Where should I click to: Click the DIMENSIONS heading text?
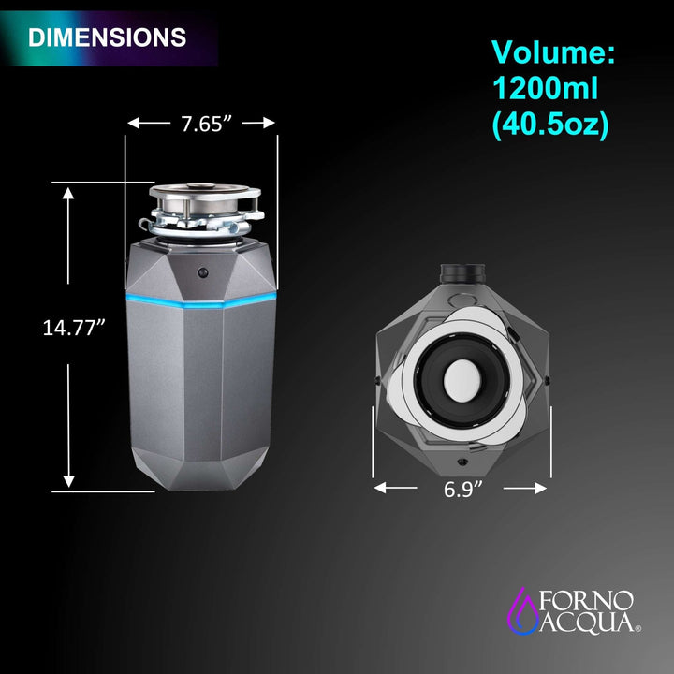pos(107,37)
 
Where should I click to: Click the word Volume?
pos(553,52)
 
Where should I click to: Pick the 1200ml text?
pos(545,90)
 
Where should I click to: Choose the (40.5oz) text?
pos(550,125)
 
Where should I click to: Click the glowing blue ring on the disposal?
pos(202,301)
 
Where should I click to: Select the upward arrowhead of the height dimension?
pos(68,192)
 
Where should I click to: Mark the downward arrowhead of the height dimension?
pos(68,482)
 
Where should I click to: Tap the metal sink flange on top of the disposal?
pos(202,196)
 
